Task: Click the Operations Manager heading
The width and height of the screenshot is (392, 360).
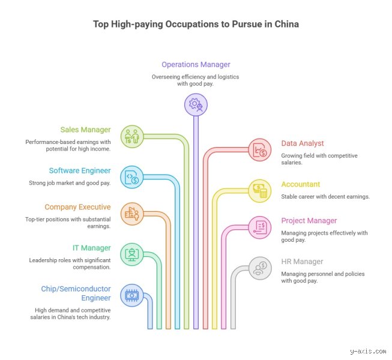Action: click(196, 64)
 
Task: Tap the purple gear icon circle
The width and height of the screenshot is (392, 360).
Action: click(196, 104)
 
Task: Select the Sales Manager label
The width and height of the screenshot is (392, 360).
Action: click(85, 130)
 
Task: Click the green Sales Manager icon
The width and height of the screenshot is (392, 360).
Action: click(132, 137)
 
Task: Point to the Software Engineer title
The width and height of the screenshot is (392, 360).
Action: click(80, 170)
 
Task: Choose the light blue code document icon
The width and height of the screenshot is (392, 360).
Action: click(131, 177)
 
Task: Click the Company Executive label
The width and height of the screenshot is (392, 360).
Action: click(77, 207)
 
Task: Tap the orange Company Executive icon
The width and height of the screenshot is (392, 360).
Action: click(132, 214)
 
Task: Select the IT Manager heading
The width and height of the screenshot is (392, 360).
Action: click(91, 248)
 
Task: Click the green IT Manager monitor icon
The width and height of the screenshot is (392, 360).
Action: click(131, 254)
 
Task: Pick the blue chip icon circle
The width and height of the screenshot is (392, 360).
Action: click(131, 295)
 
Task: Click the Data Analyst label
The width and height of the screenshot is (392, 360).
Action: click(303, 143)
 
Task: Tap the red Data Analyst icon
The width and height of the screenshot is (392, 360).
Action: click(260, 150)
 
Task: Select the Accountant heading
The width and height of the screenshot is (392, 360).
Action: click(301, 184)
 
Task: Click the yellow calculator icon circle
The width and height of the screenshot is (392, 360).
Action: click(260, 191)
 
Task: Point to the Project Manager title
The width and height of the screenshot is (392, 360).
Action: click(309, 221)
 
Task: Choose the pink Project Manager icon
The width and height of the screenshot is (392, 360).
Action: click(260, 227)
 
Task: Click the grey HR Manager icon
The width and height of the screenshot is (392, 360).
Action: click(260, 268)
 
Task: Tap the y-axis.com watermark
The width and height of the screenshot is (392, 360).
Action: click(368, 351)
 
